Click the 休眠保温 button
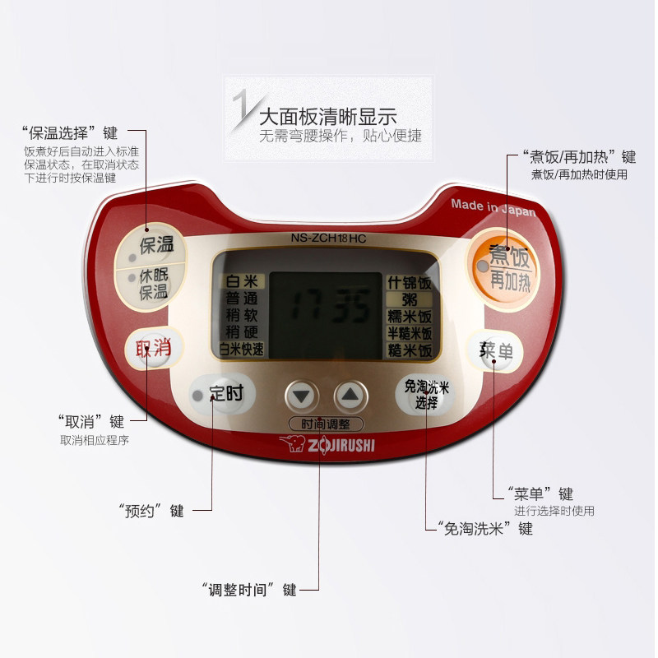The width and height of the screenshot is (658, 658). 152,284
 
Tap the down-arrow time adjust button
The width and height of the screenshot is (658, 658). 302,396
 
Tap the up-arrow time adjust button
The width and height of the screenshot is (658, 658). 350,396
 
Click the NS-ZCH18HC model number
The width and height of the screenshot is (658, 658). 328,239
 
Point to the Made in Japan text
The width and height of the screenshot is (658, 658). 493,207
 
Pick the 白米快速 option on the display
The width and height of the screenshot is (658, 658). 242,350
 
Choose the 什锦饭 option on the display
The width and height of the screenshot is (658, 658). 409,283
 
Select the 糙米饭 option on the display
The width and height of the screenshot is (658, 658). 409,350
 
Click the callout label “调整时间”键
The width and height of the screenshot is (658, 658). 248,590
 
